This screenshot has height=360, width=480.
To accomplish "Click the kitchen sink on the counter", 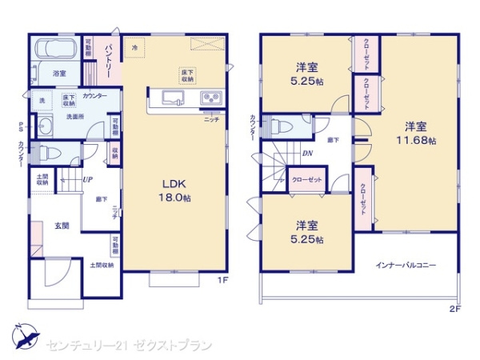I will point(172,98).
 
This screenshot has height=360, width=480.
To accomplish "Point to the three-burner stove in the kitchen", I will point(211,98).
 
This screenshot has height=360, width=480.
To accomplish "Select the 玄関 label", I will point(62,227).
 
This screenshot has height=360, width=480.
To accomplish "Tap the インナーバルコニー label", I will point(406,266).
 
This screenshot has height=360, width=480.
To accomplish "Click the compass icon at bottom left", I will point(24,335).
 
